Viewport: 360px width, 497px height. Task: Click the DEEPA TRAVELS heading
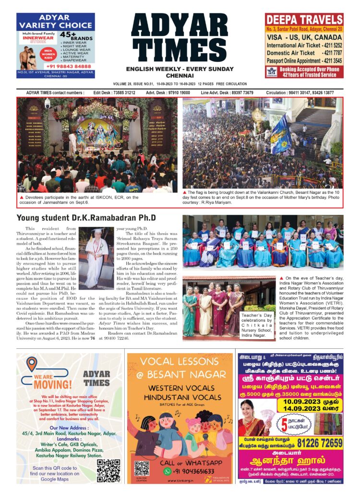304,21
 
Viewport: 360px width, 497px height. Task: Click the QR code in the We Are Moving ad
108,470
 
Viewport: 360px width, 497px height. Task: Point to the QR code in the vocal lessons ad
142,468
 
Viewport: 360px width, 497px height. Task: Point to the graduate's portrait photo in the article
96,259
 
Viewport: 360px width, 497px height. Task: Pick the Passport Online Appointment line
304,61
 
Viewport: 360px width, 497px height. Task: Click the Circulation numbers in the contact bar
307,92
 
